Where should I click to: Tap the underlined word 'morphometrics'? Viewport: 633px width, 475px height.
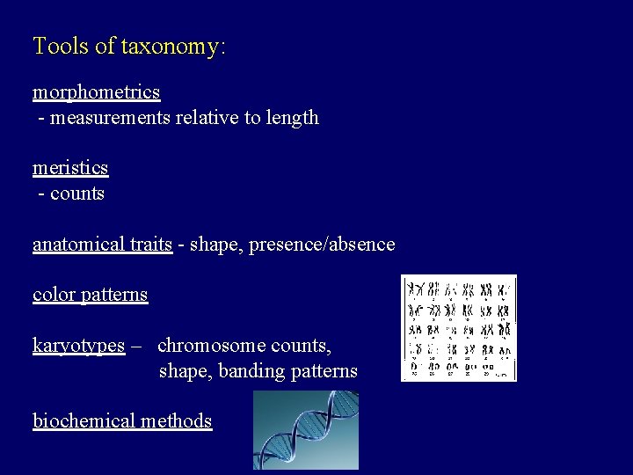tap(97, 91)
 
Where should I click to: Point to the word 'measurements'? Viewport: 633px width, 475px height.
tap(105, 117)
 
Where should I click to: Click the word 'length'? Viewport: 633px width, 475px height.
tap(293, 117)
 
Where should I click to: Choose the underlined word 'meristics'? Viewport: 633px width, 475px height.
tap(70, 167)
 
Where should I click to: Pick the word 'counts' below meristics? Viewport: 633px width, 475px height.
tap(77, 193)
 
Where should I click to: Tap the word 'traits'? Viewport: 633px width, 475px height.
tap(152, 244)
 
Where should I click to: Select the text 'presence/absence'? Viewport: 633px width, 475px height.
tap(322, 244)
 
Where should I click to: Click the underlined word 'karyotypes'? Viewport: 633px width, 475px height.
tap(78, 346)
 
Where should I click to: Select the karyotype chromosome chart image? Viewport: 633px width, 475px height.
tap(458, 327)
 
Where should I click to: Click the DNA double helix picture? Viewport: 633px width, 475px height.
tap(306, 430)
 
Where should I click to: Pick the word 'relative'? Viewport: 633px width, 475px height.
tap(204, 117)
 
